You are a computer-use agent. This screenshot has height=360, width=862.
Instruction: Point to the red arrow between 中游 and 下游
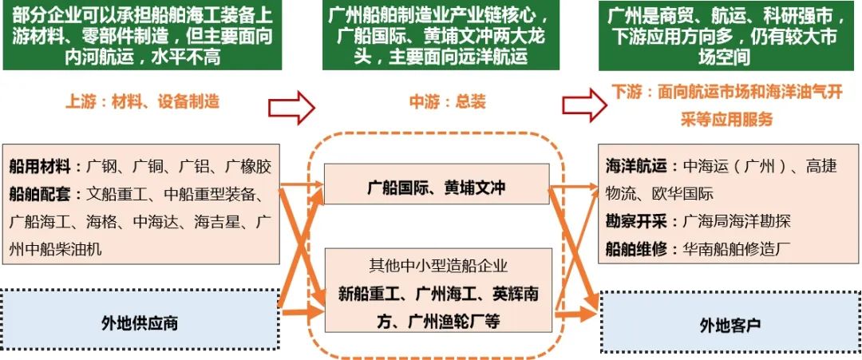[x=580, y=104]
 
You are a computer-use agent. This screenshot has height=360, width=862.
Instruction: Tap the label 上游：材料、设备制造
[x=142, y=102]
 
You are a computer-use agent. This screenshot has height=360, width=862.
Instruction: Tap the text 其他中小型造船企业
[x=437, y=266]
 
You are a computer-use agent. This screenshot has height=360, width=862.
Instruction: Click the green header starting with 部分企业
[x=143, y=35]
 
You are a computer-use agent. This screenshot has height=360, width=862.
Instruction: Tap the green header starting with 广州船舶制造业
[x=437, y=35]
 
